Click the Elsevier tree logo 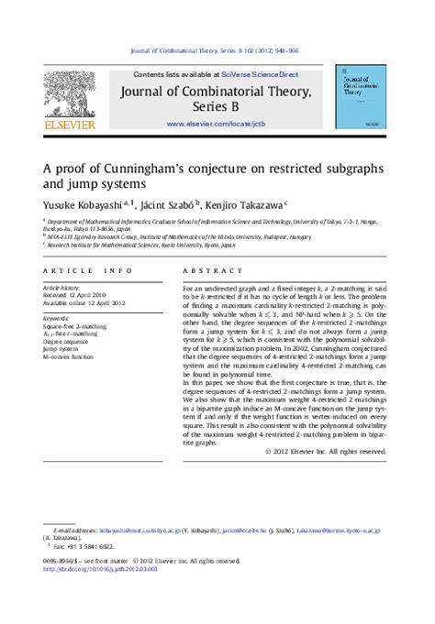pos(69,88)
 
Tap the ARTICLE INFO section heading pos(82,271)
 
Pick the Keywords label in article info pos(58,317)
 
